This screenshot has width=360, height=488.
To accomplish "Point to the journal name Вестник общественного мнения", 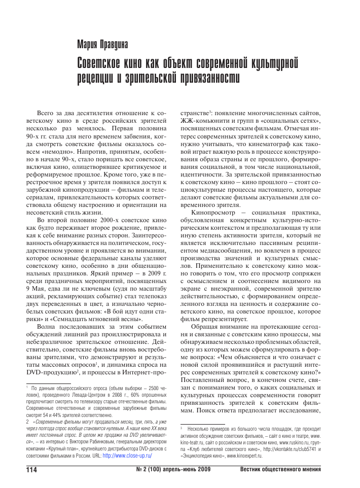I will point(280,469).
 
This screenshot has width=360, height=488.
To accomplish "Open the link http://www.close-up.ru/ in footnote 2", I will point(127,456).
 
